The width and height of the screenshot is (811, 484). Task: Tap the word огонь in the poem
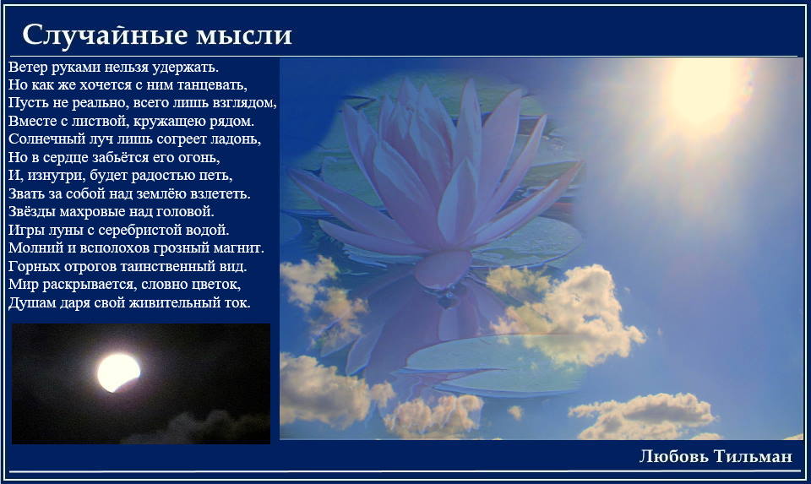pyautogui.click(x=199, y=158)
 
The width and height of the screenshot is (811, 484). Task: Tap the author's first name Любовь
pyautogui.click(x=673, y=456)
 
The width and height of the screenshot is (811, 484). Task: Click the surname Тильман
pyautogui.click(x=753, y=456)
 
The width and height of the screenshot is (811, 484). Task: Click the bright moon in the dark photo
pyautogui.click(x=118, y=373)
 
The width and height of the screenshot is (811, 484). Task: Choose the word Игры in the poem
pyautogui.click(x=24, y=230)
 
